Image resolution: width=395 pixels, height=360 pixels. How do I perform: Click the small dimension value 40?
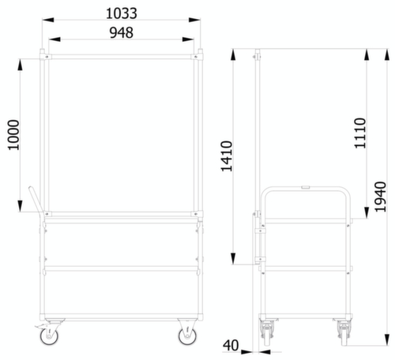click(231, 345)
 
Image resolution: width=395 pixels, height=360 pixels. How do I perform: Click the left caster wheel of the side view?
click(266, 332)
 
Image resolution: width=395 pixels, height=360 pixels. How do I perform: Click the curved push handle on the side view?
click(304, 189)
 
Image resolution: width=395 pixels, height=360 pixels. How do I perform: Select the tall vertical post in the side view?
click(258, 134)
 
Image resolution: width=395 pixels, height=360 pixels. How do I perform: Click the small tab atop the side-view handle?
click(305, 186)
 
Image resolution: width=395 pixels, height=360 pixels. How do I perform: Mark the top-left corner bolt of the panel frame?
click(47, 58)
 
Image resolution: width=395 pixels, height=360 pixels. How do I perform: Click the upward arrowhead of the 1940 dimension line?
click(369, 51)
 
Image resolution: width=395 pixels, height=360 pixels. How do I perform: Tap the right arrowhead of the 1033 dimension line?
click(195, 21)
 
